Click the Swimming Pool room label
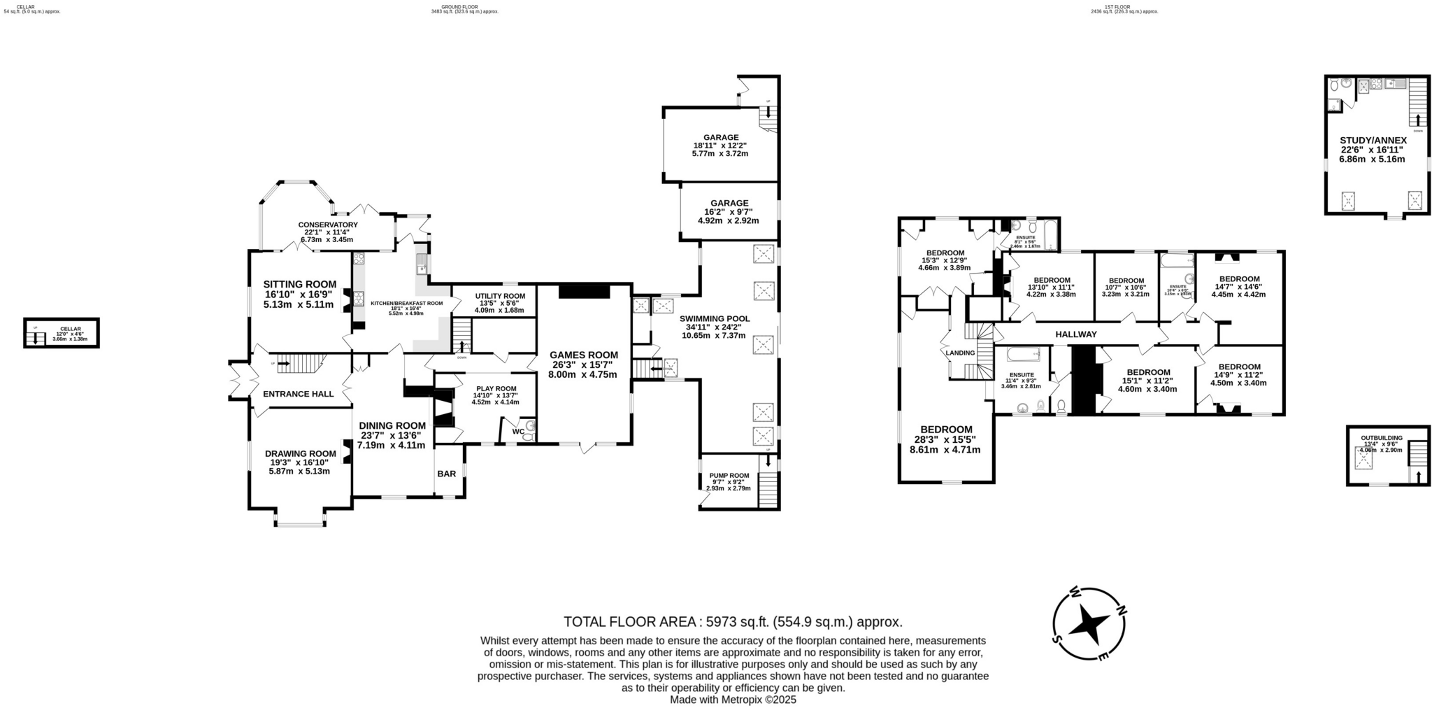click(715, 318)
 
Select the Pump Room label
click(729, 475)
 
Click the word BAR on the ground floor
click(446, 474)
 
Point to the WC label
click(518, 432)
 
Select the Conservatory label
click(327, 225)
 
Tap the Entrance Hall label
click(298, 394)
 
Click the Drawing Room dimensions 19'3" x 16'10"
click(299, 462)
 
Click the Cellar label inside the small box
click(70, 329)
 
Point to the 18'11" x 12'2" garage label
click(720, 146)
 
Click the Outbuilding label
click(1381, 438)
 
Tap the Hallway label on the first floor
click(1075, 334)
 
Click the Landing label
click(959, 353)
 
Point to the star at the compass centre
click(1089, 622)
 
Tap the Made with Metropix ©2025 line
click(733, 700)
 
